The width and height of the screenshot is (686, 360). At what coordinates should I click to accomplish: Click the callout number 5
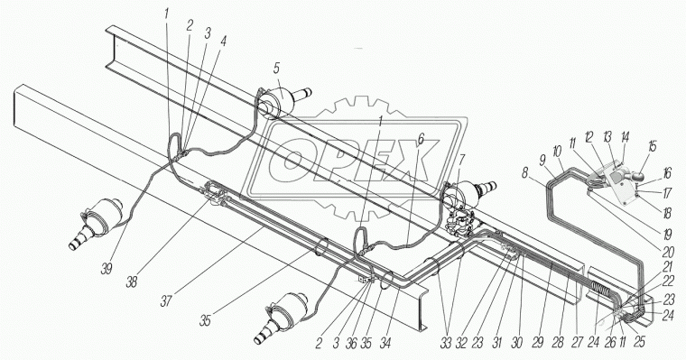pos(276,69)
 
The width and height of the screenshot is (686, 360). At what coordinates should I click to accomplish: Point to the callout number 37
pos(166,300)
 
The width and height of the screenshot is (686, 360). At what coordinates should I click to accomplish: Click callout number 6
pos(421,140)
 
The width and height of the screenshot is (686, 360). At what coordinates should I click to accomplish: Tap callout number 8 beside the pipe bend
pos(525,173)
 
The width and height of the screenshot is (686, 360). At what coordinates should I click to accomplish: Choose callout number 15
pos(653,146)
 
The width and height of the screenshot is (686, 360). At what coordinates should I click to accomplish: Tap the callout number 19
pos(666,235)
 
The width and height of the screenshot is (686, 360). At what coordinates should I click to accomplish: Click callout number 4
pos(224,42)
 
